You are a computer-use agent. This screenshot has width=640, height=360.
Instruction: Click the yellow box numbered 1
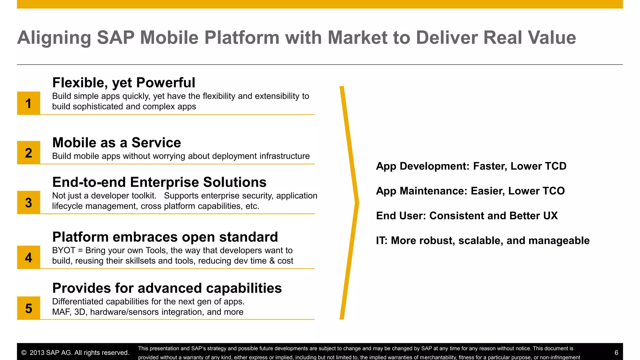click(x=28, y=103)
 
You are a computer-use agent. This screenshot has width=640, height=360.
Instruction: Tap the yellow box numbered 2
click(x=28, y=152)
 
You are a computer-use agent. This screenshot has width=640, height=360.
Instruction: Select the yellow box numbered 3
click(x=28, y=202)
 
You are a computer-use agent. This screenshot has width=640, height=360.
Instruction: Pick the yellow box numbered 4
click(x=28, y=257)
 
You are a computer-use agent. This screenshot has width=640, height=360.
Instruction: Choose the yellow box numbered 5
click(x=28, y=308)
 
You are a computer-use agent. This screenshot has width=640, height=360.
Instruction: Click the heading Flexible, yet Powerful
click(x=123, y=83)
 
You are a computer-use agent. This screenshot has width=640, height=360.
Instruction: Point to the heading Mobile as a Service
click(x=117, y=143)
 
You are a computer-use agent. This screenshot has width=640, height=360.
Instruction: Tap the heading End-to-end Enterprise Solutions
click(x=159, y=182)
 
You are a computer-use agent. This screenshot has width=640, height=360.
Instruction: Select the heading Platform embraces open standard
click(x=165, y=237)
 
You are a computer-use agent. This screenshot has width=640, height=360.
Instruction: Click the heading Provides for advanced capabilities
click(x=167, y=288)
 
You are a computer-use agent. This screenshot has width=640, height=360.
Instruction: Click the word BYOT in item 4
click(x=64, y=250)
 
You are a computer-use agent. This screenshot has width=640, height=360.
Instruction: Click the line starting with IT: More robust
click(x=482, y=241)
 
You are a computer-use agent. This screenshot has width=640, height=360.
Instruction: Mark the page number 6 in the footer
click(x=616, y=353)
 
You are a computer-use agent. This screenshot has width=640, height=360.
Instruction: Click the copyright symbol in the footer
click(x=24, y=353)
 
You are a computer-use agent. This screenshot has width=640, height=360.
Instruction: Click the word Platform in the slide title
click(x=242, y=38)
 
